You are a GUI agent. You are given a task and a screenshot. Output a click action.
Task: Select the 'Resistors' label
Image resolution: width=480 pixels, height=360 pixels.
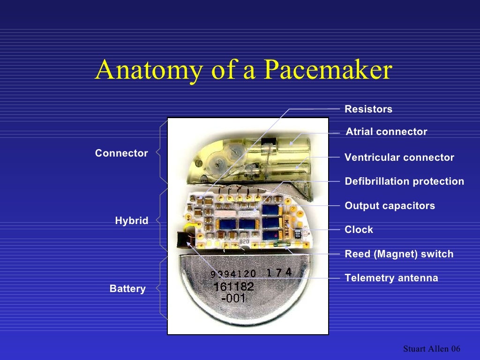(x=368, y=109)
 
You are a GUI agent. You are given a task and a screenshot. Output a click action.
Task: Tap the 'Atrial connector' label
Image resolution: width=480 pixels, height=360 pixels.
(x=386, y=132)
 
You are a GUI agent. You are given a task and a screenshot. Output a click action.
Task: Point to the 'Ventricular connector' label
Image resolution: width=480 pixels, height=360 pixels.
(x=399, y=157)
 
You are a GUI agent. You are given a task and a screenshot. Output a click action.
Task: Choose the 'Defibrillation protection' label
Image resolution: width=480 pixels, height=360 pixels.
(x=405, y=181)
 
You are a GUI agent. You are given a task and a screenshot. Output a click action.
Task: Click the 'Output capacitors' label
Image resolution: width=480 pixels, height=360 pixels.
(x=390, y=206)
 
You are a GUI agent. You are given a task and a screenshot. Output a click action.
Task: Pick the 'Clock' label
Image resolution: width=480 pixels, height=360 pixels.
(x=359, y=230)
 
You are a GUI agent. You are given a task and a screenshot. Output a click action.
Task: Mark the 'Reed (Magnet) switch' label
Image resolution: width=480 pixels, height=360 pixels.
(x=399, y=254)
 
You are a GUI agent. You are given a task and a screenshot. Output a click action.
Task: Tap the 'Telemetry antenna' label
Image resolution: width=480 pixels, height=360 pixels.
(x=391, y=278)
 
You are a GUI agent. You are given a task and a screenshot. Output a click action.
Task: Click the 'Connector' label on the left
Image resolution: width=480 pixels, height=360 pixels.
(x=121, y=153)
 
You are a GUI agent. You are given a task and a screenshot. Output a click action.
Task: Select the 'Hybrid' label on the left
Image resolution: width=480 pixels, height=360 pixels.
(x=132, y=221)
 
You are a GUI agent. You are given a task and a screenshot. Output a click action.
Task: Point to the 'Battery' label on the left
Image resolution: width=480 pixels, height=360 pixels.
(x=127, y=289)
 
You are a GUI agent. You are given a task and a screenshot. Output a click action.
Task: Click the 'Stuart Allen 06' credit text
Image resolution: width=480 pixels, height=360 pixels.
(x=432, y=349)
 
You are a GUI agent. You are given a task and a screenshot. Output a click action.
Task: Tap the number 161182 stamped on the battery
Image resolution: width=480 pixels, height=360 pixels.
(x=233, y=287)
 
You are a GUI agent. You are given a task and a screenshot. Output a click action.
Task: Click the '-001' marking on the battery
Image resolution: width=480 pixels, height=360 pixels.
(x=232, y=298)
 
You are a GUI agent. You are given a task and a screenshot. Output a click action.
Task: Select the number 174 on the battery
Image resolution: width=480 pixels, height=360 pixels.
(x=279, y=272)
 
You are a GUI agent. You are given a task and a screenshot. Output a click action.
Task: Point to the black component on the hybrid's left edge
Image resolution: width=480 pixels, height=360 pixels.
(x=183, y=239)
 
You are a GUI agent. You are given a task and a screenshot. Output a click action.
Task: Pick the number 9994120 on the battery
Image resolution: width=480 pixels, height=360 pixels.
(x=233, y=274)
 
